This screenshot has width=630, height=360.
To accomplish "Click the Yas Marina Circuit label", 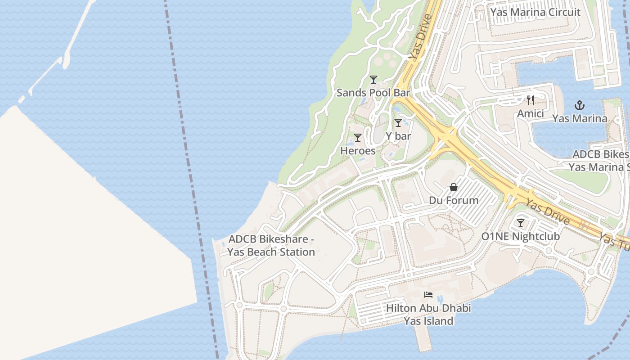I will tap(535, 12).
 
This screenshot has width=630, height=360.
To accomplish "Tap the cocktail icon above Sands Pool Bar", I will tap(373, 80).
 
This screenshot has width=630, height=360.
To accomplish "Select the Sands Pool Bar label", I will tap(373, 93).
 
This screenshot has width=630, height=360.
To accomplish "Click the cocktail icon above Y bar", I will tap(398, 123).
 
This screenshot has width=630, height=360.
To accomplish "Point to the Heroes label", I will tap(358, 151).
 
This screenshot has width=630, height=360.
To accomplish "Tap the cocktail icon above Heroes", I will tap(358, 138).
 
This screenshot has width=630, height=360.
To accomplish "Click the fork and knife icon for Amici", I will tap(531, 100).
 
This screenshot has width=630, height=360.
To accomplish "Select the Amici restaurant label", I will tap(531, 113).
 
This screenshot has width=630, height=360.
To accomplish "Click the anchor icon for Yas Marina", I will tap(580, 106).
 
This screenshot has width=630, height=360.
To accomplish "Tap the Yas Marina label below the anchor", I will tap(580, 119).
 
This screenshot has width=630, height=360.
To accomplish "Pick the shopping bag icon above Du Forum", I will tap(454, 187).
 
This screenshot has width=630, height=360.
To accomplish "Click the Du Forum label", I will tap(454, 200).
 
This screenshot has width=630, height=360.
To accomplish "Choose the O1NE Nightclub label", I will tap(521, 236).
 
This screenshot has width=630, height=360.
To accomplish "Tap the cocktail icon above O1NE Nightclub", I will tap(521, 223).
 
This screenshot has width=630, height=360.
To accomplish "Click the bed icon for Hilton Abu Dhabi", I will tap(428, 295).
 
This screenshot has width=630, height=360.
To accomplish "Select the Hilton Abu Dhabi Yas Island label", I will tap(428, 315).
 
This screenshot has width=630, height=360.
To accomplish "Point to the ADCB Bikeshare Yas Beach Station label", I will tap(271, 246).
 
